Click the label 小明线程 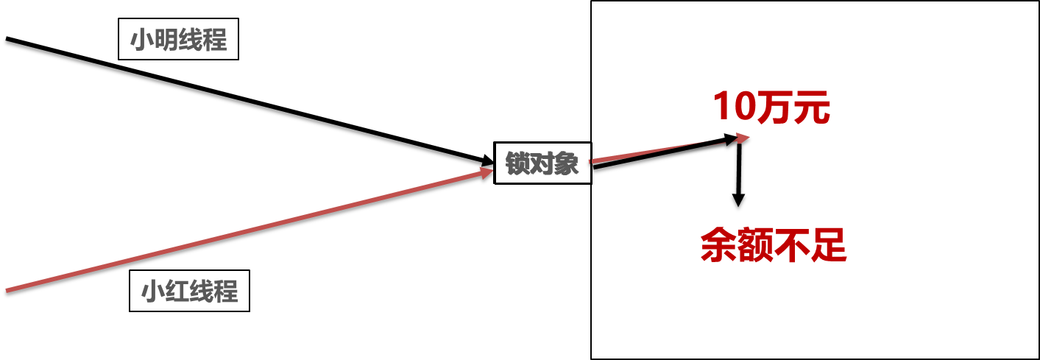pyautogui.click(x=179, y=40)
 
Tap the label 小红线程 pyautogui.click(x=190, y=292)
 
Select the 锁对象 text pyautogui.click(x=542, y=163)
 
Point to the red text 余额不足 pyautogui.click(x=774, y=245)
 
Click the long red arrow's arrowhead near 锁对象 pyautogui.click(x=487, y=172)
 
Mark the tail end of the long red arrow pyautogui.click(x=7, y=291)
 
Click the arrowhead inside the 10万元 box pyautogui.click(x=742, y=138)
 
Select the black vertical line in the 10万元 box pyautogui.click(x=738, y=162)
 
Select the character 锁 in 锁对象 pyautogui.click(x=517, y=163)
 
